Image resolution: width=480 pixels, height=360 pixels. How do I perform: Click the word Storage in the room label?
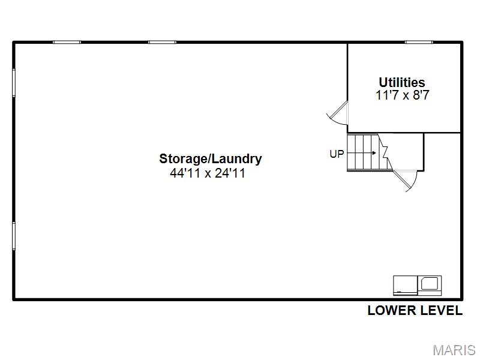(184, 159)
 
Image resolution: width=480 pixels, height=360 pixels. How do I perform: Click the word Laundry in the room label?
(236, 159)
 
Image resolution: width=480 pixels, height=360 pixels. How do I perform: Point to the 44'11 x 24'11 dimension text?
(208, 173)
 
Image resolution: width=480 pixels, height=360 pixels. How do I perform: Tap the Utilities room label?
(402, 82)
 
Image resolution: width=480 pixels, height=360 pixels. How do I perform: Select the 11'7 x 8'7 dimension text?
(402, 95)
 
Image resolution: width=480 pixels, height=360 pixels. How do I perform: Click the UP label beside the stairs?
(337, 154)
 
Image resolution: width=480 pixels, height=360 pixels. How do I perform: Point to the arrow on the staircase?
(362, 153)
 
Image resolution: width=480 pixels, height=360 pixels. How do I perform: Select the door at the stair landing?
(404, 181)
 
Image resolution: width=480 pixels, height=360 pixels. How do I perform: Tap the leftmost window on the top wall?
(67, 42)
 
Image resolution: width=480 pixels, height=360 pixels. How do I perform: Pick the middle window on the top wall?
(162, 42)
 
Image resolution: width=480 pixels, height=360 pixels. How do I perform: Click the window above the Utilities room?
(419, 42)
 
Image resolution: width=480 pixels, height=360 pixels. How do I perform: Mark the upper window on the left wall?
(14, 83)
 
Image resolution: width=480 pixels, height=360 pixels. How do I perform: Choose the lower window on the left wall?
(14, 236)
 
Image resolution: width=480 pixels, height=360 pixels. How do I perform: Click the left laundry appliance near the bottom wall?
(406, 286)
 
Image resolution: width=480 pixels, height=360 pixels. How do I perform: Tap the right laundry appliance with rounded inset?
(430, 286)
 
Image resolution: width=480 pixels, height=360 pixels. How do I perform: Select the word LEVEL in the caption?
(441, 310)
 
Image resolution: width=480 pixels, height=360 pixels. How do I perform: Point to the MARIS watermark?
(454, 350)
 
